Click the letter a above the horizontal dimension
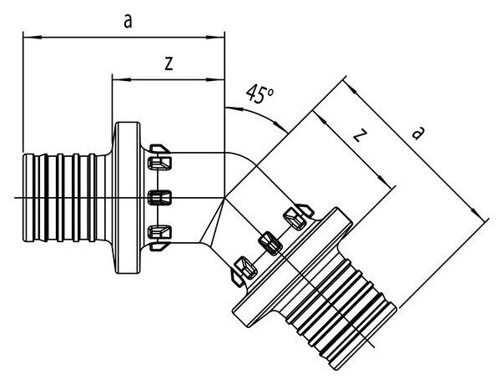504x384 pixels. coord(128,22)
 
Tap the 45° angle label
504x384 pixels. coord(260,94)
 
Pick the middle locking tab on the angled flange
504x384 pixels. coord(269,240)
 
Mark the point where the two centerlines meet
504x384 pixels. coord(224,197)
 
